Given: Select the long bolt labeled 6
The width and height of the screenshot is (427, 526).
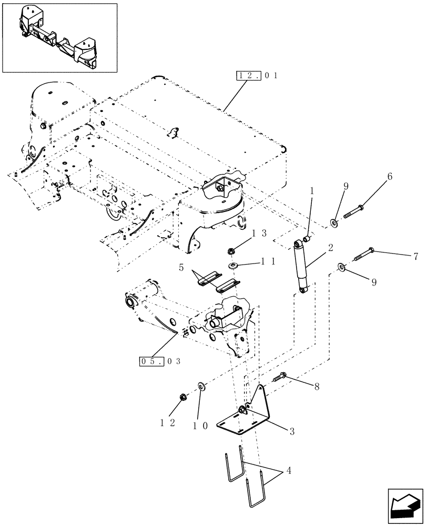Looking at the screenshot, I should [358, 211].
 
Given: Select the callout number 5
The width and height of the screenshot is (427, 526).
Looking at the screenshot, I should [181, 267].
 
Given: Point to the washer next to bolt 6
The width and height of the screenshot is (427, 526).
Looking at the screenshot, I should [334, 224].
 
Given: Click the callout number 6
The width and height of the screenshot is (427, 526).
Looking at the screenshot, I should [390, 178].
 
